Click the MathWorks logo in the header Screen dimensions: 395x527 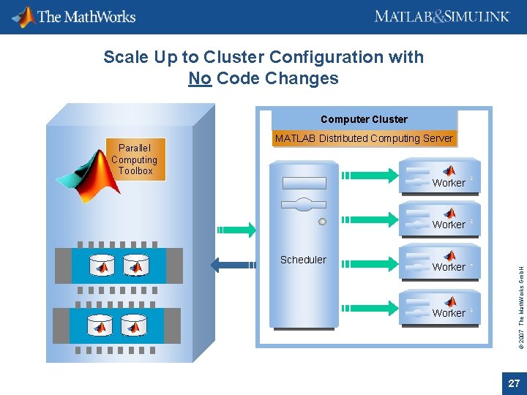point(75,16)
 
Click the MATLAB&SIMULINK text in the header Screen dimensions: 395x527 point(441,16)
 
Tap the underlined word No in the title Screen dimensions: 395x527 point(199,78)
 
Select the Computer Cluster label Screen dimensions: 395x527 point(364,119)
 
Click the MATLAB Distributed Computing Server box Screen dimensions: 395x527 point(364,138)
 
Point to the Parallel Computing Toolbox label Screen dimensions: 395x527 point(135,159)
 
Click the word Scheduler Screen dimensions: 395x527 point(303,260)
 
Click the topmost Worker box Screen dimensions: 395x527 point(443,177)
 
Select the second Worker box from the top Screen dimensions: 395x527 point(443,219)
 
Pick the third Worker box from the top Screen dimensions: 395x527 point(443,261)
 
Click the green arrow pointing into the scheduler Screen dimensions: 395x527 point(235,230)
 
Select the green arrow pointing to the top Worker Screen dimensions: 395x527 point(370,175)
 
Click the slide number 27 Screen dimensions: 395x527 point(514,383)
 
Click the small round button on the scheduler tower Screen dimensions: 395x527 point(322,221)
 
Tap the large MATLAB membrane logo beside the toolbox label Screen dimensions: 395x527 point(86,177)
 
